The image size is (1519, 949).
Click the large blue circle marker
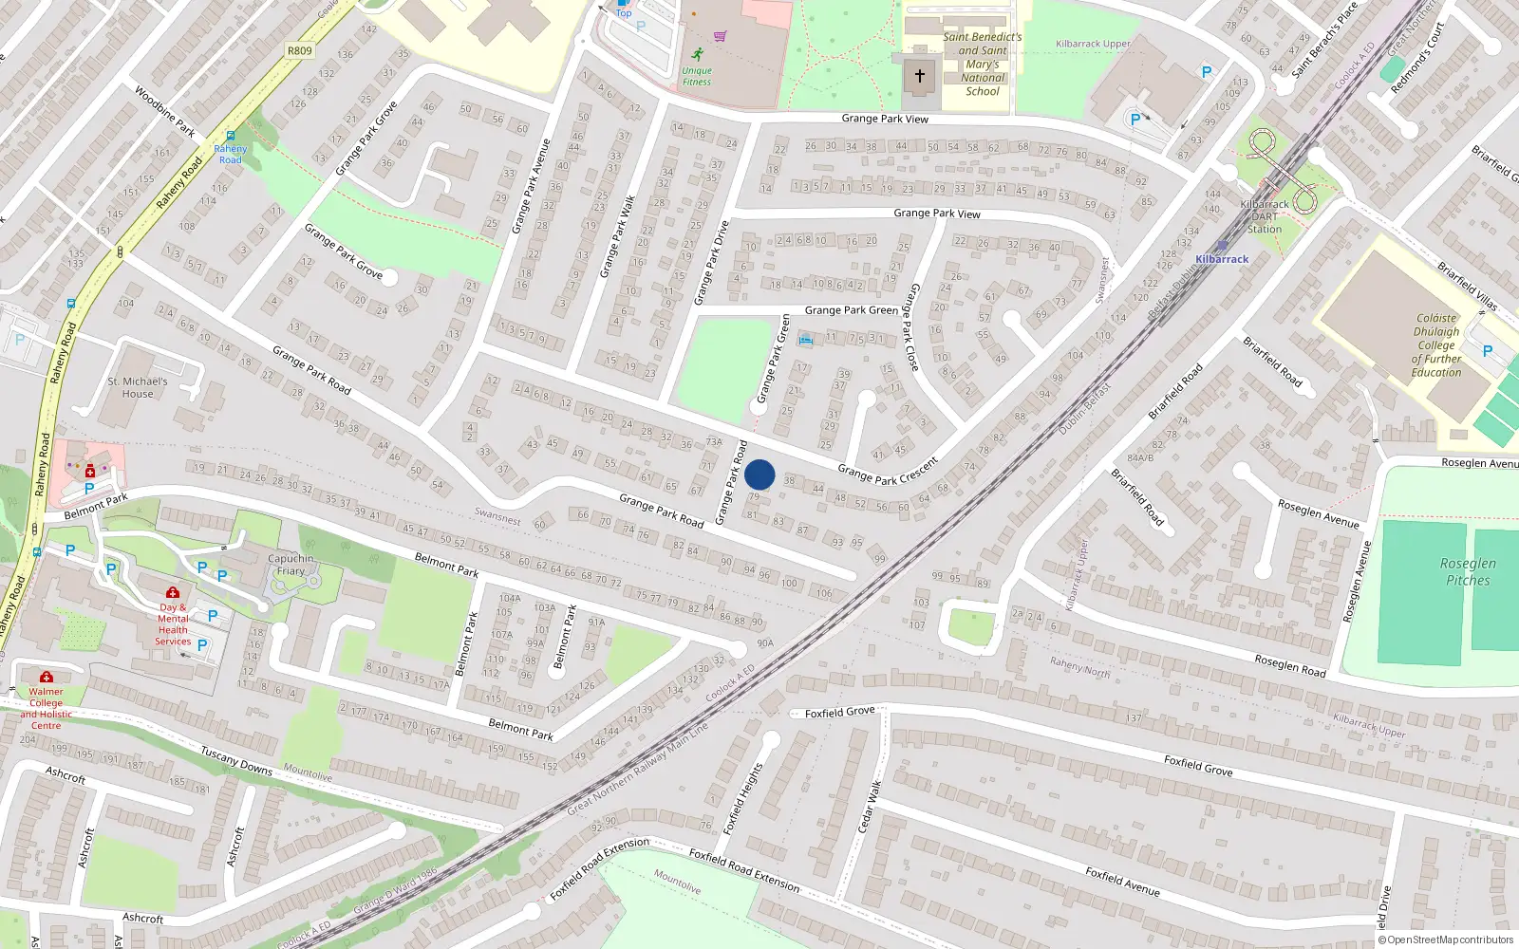pyautogui.click(x=759, y=474)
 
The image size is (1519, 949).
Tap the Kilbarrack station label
pyautogui.click(x=1222, y=259)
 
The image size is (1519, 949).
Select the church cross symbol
pyautogui.click(x=919, y=76)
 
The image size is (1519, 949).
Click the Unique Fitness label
pyautogui.click(x=696, y=76)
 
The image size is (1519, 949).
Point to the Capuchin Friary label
pyautogui.click(x=291, y=565)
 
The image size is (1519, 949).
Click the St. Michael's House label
pyautogui.click(x=138, y=387)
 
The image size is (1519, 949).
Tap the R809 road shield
pyautogui.click(x=299, y=51)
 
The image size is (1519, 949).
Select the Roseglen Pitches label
pyautogui.click(x=1468, y=571)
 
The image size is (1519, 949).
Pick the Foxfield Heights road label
pyautogui.click(x=742, y=799)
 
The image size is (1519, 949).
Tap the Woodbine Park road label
pyautogui.click(x=164, y=111)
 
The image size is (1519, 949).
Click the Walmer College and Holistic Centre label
pyautogui.click(x=46, y=708)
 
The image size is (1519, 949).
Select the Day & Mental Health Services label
pyautogui.click(x=173, y=624)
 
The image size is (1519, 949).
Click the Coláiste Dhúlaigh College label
pyautogui.click(x=1436, y=345)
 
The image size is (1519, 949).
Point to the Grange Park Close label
pyautogui.click(x=910, y=326)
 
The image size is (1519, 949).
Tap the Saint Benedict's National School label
pyautogui.click(x=983, y=65)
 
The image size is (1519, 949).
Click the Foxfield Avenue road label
pyautogui.click(x=1122, y=882)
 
